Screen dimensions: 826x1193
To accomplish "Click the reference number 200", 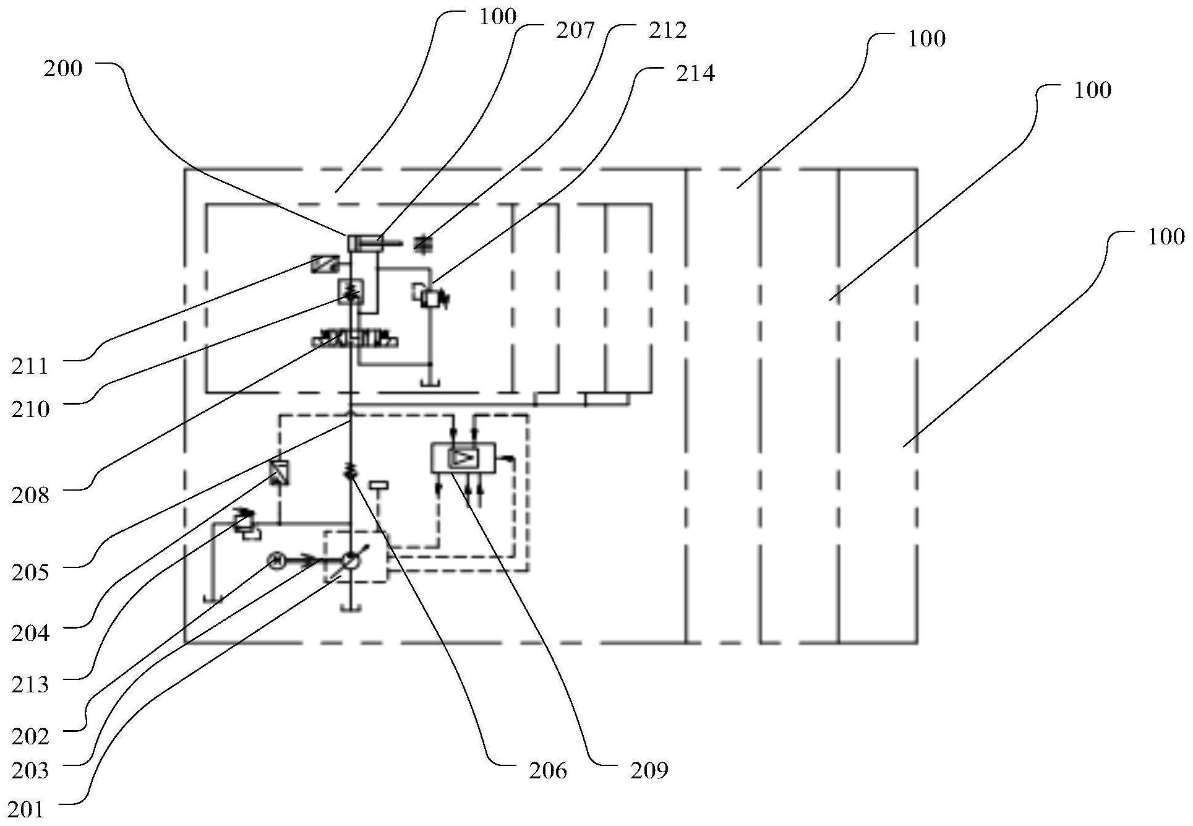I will tap(62, 68).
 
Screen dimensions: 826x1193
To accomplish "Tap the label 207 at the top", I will tap(575, 30).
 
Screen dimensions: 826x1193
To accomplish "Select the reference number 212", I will tap(667, 30).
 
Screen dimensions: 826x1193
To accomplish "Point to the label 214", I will tap(695, 74).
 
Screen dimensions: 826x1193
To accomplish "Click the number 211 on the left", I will tap(30, 366).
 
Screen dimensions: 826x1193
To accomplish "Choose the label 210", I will tap(30, 408).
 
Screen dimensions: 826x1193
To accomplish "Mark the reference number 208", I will tap(30, 494).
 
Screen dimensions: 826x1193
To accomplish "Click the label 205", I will tap(30, 572).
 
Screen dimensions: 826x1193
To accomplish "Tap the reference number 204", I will tap(30, 633).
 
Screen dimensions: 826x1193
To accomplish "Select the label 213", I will tap(30, 684).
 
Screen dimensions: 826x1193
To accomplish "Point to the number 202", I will tap(30, 736).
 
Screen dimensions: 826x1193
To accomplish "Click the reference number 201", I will tap(25, 809).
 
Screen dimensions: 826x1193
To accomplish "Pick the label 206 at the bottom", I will tap(548, 770).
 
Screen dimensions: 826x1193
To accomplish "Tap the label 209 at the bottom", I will tap(649, 770).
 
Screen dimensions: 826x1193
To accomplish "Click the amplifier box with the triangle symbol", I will tap(463, 458).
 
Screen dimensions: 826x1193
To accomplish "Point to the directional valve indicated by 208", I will tap(355, 340).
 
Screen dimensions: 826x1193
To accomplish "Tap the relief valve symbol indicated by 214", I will tap(429, 296).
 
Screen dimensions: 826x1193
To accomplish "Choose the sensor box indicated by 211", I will tap(325, 262).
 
